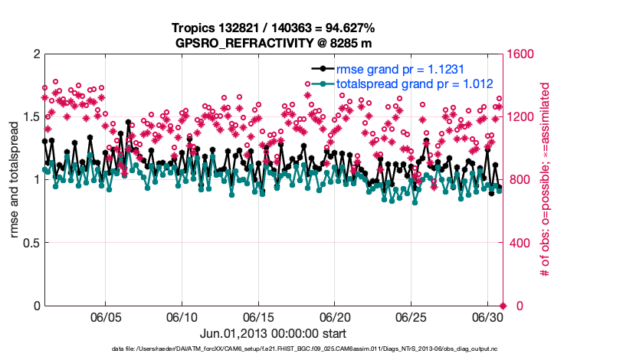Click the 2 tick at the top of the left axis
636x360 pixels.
coord(36,54)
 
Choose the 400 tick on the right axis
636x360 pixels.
coord(521,243)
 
